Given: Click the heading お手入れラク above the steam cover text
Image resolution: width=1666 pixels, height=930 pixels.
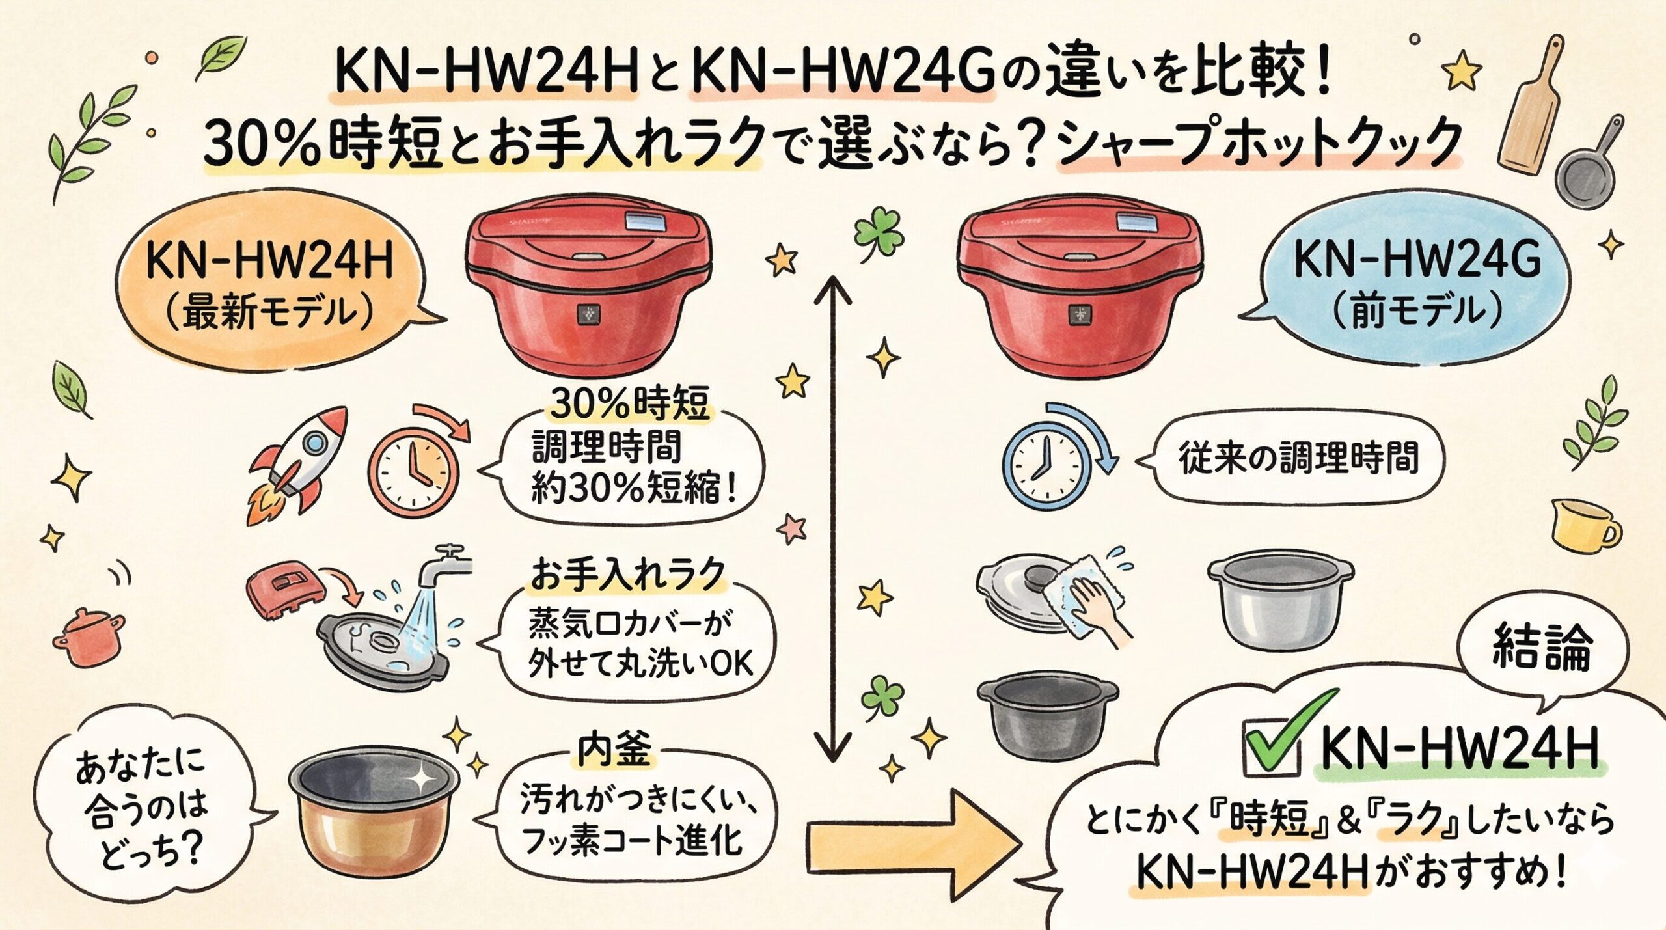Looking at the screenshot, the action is pos(627,574).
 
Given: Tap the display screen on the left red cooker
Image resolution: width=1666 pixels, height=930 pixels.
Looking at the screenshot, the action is pos(649,223).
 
